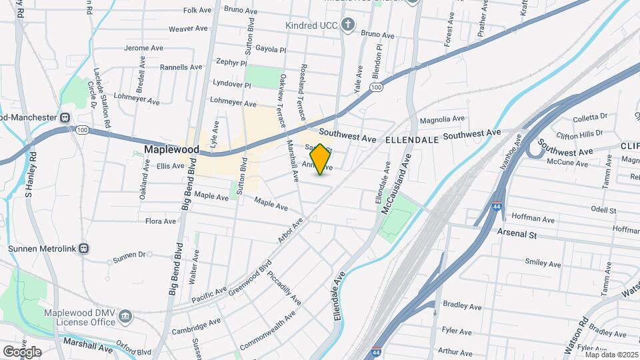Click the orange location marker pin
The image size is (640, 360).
[320, 159]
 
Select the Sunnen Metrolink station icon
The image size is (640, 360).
[83, 249]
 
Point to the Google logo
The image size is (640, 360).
[22, 351]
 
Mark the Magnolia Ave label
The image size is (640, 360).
[441, 119]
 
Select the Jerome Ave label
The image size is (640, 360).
[145, 48]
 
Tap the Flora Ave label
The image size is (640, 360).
[161, 221]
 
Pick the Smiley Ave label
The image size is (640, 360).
[544, 263]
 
